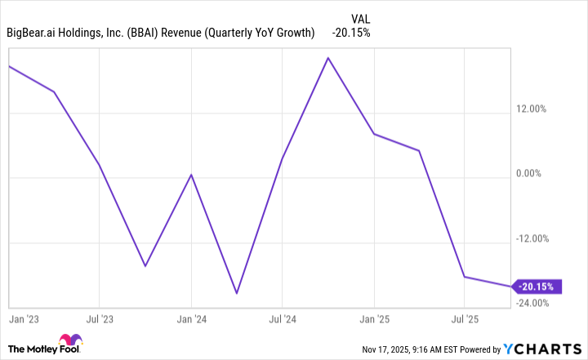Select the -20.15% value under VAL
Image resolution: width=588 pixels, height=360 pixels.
351,33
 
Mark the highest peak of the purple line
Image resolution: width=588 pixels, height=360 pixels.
328,58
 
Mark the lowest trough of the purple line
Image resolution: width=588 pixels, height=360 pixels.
237,293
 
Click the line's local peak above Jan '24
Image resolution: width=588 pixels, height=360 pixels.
191,175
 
